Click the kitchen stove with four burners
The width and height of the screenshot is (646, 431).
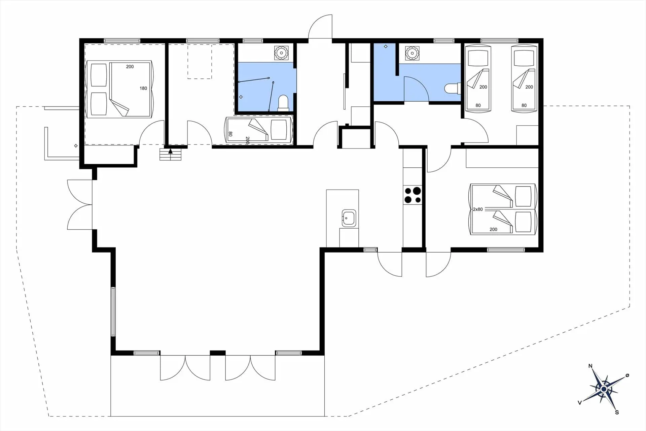coord(412,195)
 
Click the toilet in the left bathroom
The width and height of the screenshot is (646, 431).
coord(283,103)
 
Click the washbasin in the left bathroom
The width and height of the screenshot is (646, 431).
coord(281,53)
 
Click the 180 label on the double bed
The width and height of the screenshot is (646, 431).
coord(143,88)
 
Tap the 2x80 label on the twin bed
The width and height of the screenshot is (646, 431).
coord(478,209)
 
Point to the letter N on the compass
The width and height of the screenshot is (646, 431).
coord(590,366)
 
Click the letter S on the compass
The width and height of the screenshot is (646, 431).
coord(617,412)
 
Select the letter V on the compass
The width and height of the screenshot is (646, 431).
coord(580,403)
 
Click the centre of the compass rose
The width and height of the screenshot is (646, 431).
coord(604,389)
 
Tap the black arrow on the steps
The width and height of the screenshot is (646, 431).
coord(170,151)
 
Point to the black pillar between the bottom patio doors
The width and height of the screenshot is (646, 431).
coord(218,353)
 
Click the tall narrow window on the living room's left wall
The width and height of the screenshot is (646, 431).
coord(113,311)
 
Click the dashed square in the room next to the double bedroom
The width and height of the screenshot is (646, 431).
coord(200,61)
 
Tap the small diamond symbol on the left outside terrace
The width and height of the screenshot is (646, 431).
coord(76,146)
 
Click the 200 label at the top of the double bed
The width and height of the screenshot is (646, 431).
coord(130,67)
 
